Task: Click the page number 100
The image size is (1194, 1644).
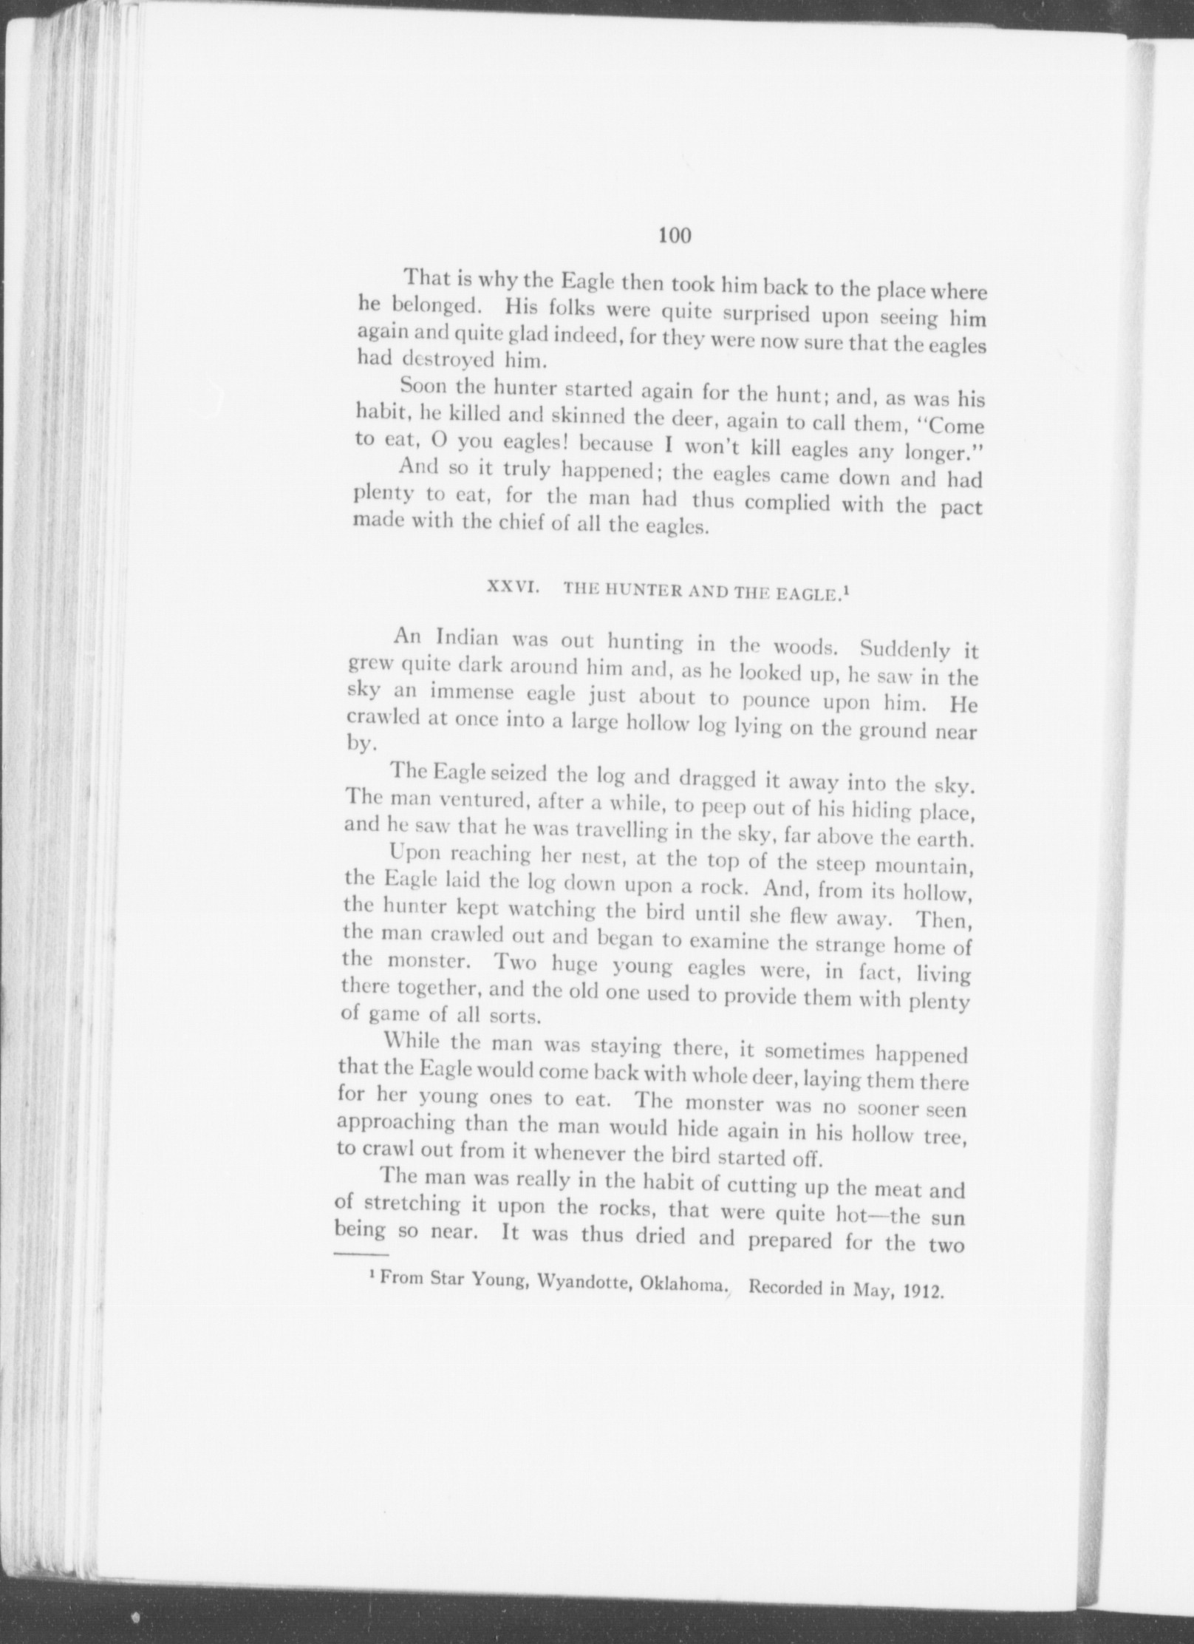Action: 673,236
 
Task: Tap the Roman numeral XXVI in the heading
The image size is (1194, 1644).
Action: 505,588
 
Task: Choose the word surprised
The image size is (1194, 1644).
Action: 768,316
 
